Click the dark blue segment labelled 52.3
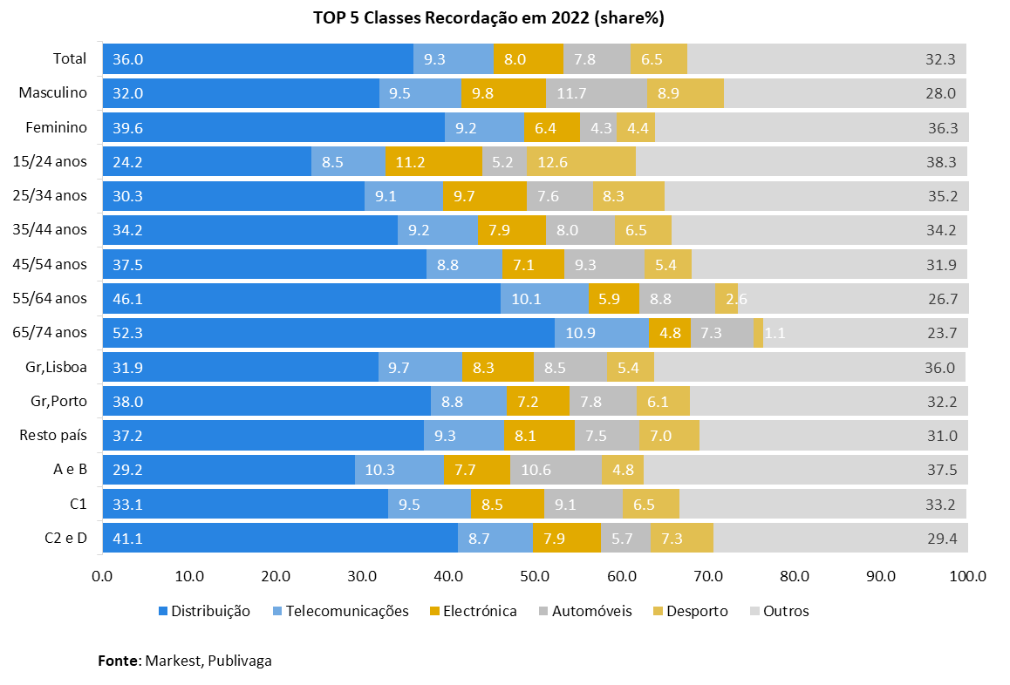(328, 333)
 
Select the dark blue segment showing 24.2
(207, 162)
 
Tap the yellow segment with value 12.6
(581, 162)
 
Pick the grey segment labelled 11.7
(596, 93)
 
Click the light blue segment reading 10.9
(601, 333)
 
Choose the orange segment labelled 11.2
(433, 162)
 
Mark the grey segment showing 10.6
(556, 470)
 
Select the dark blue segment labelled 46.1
(301, 299)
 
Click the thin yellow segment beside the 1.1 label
(758, 333)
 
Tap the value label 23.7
(942, 333)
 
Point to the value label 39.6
(127, 128)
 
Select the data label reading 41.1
(127, 539)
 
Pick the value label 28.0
(941, 93)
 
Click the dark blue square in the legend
(163, 611)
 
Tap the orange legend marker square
(434, 611)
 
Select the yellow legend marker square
(658, 611)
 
